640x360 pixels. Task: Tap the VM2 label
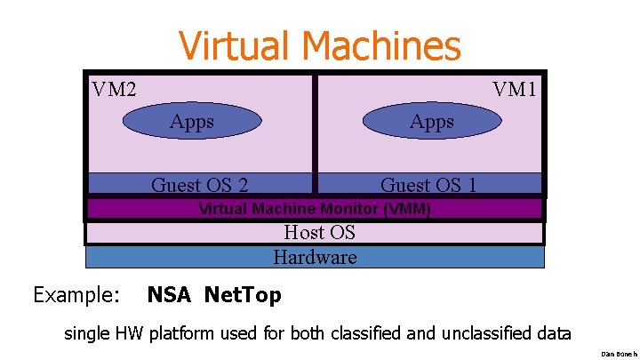pos(114,89)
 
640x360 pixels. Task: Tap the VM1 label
pos(516,89)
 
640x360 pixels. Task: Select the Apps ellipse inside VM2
pos(192,122)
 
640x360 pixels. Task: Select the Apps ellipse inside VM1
pos(432,122)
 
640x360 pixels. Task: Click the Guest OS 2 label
pos(199,185)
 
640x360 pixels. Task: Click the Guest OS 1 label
pos(428,185)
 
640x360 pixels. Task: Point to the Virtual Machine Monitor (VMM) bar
pos(314,210)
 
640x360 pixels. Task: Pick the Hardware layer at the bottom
pos(315,258)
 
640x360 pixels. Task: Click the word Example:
pos(76,294)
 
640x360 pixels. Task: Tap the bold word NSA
pos(169,294)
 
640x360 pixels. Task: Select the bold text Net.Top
pos(243,294)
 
